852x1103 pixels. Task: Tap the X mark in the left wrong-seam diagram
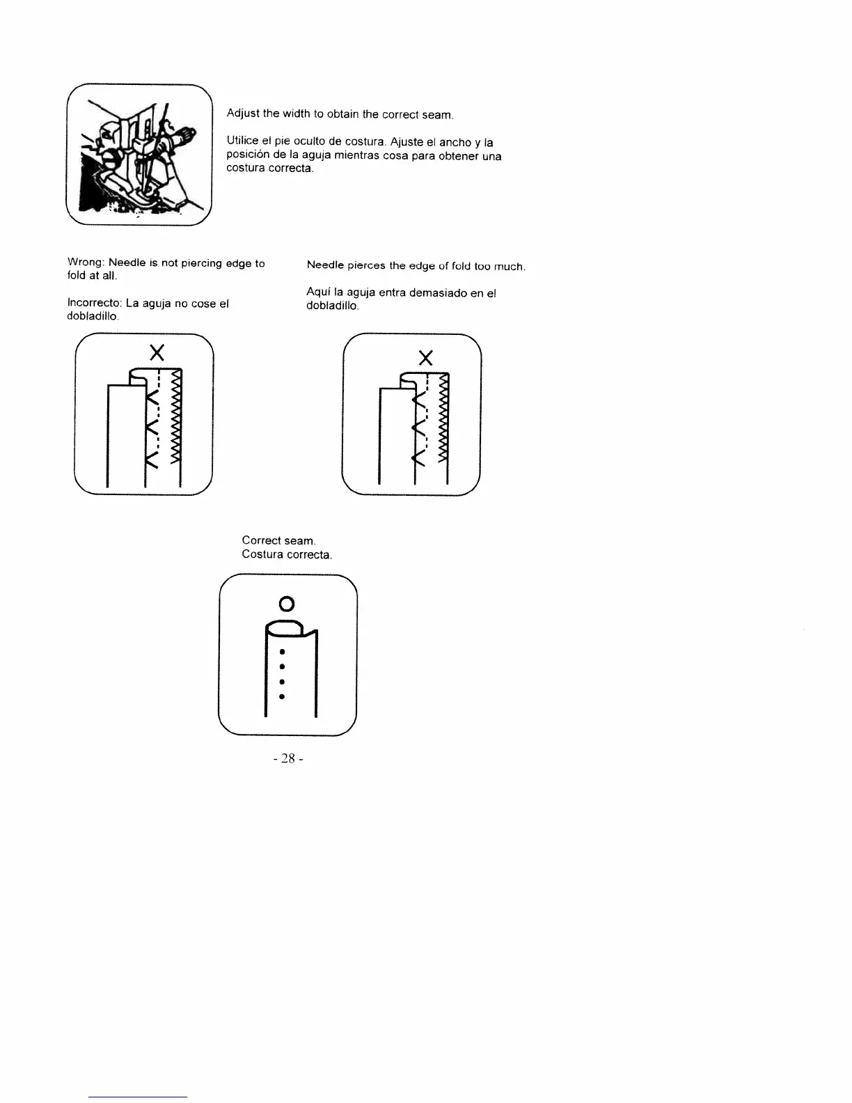[157, 352]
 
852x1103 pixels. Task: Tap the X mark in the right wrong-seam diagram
[426, 359]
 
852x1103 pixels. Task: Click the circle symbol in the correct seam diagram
[286, 602]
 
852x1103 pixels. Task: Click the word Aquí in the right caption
[317, 292]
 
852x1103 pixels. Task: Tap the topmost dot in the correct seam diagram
[281, 652]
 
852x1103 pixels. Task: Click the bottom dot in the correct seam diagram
[281, 696]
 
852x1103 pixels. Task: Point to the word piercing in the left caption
[202, 263]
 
